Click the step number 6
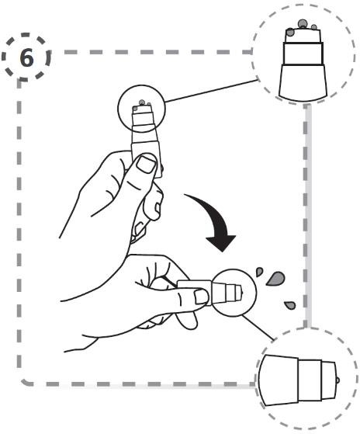pos(27,58)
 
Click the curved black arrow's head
pos(221,242)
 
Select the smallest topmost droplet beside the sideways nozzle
pos(259,272)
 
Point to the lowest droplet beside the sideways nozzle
pos(290,305)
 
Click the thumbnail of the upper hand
pos(146,164)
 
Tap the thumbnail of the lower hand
pos(202,297)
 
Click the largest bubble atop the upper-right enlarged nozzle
pos(303,23)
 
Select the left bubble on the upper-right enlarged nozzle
pos(290,32)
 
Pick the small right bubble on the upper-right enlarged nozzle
pos(313,27)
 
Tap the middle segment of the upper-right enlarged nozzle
pos(303,54)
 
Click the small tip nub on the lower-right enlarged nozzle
pos(337,381)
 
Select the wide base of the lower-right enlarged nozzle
pos(279,380)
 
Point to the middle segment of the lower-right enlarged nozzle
pos(310,380)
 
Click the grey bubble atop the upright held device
pos(141,102)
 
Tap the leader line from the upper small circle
pos(212,91)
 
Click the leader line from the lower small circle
pos(258,328)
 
